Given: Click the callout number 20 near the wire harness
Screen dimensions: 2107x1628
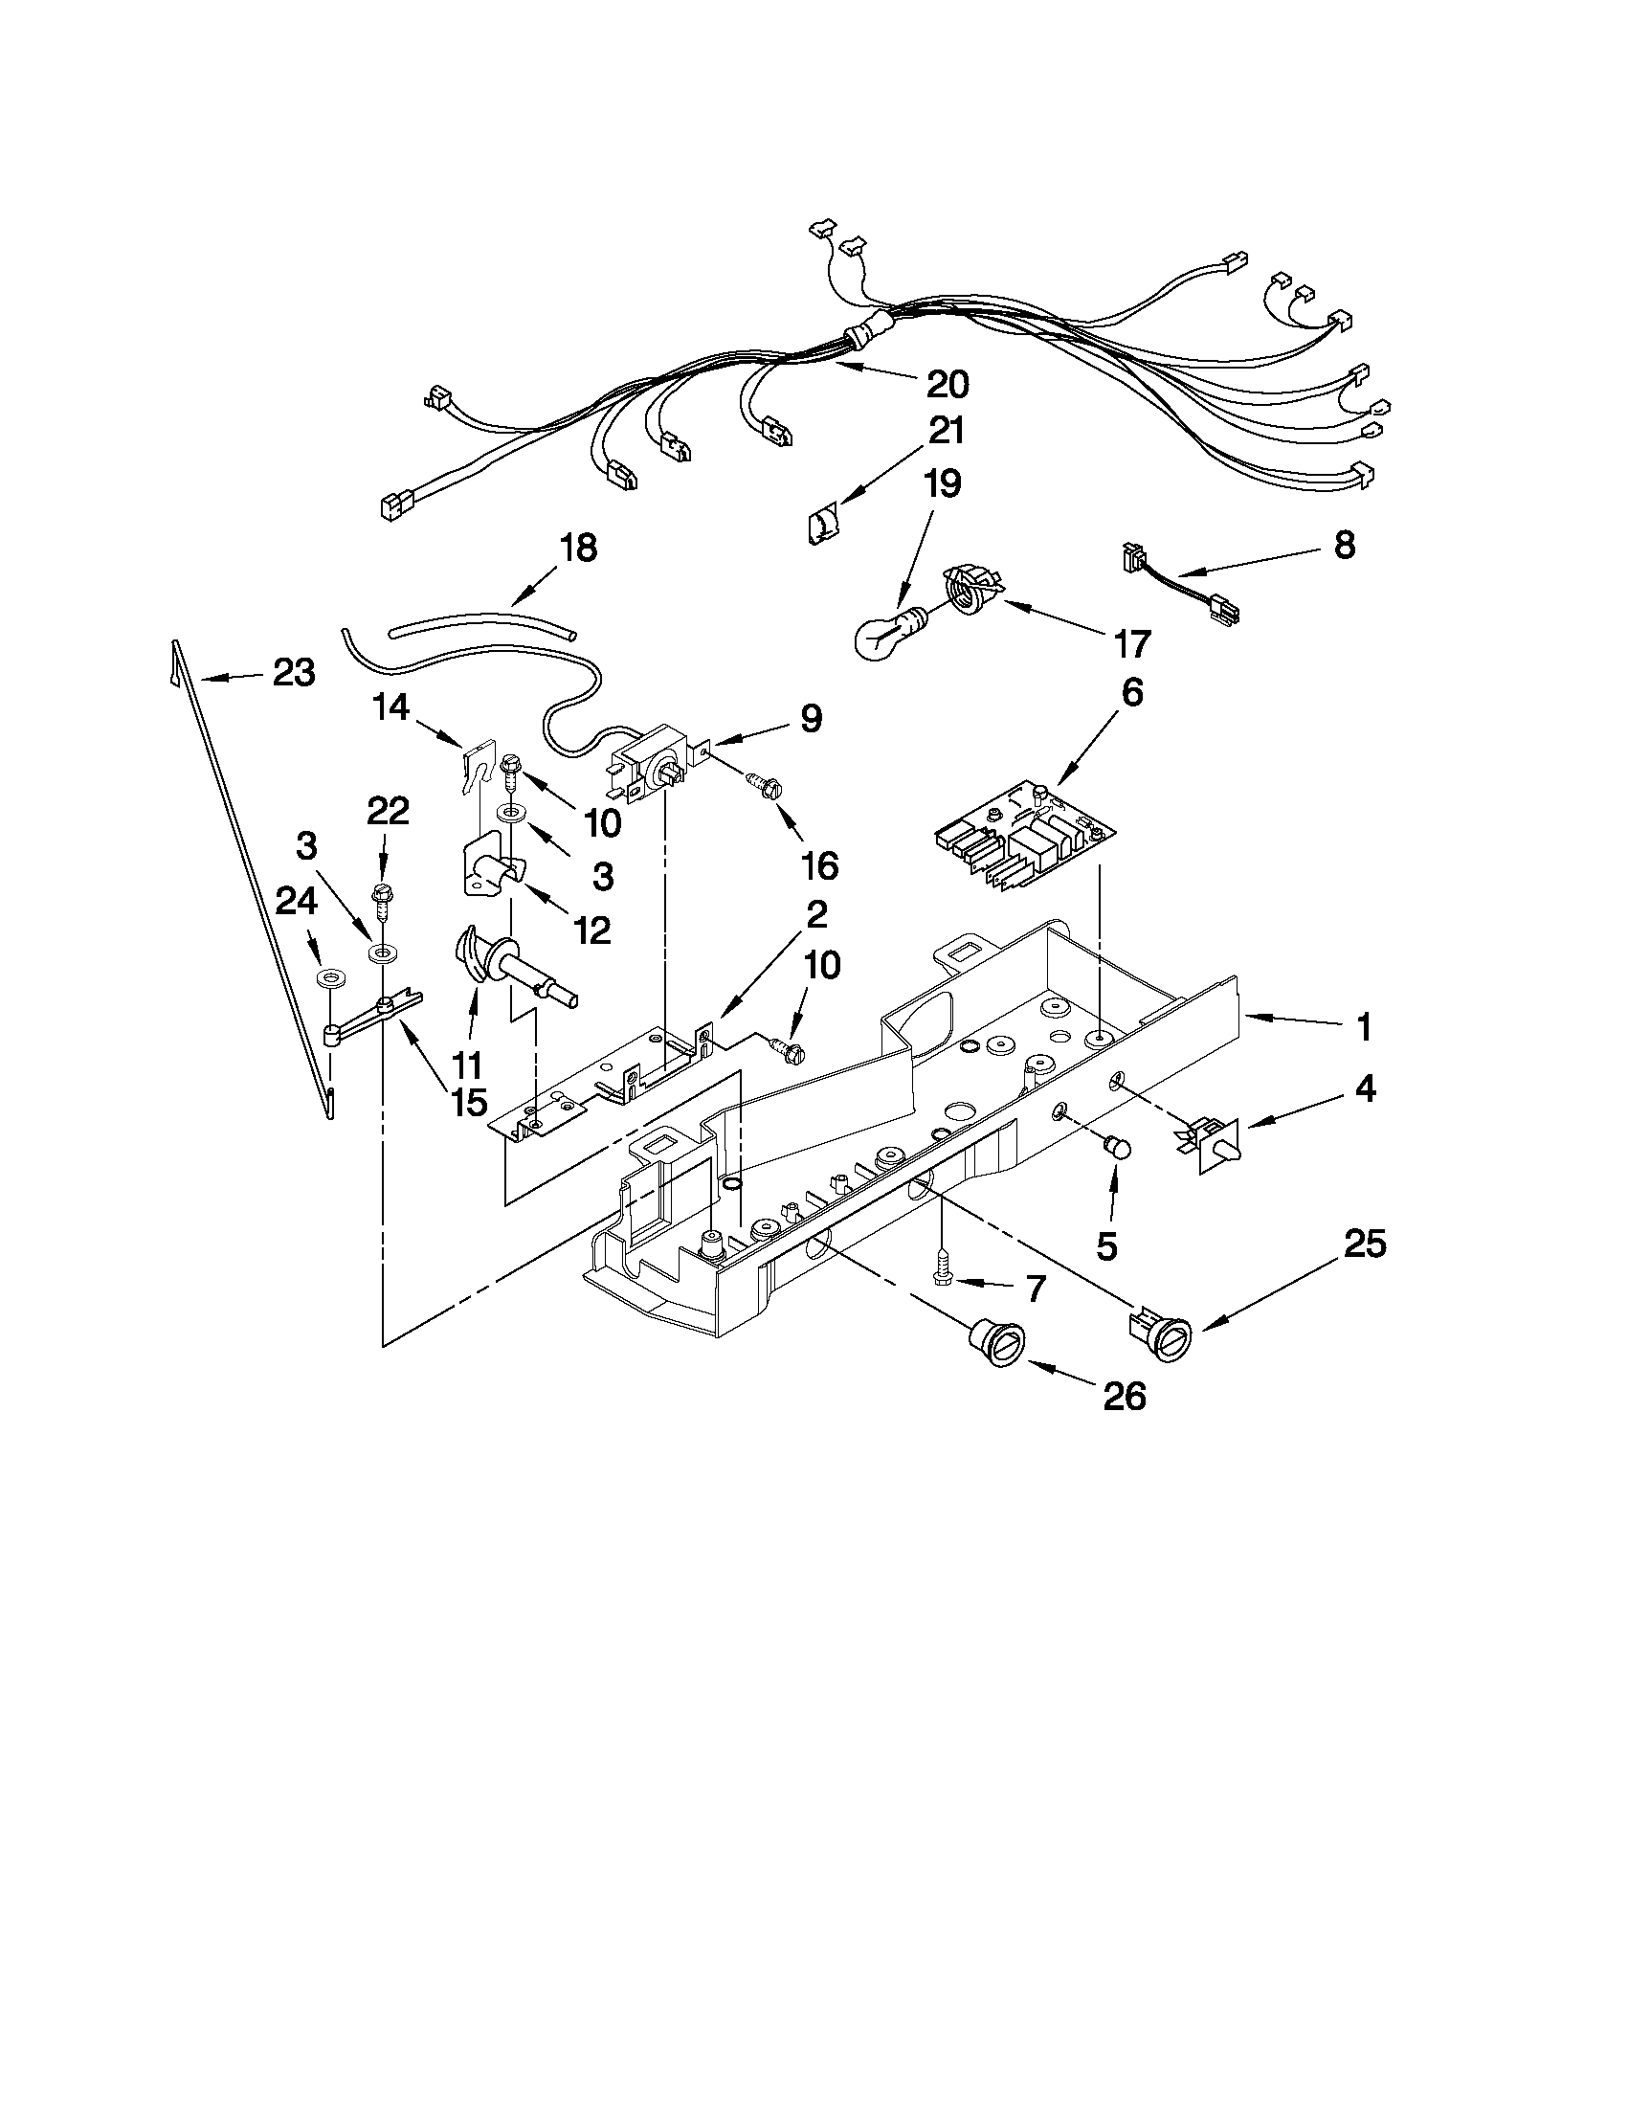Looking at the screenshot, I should pyautogui.click(x=947, y=384).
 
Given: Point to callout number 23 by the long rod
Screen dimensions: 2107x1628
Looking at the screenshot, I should pyautogui.click(x=293, y=672).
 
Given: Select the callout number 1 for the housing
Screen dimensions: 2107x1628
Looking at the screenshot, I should pyautogui.click(x=1364, y=1028).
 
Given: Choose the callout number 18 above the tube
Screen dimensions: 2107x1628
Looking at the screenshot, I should pyautogui.click(x=577, y=548).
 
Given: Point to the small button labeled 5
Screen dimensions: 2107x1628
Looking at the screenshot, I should pyautogui.click(x=1116, y=1147).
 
